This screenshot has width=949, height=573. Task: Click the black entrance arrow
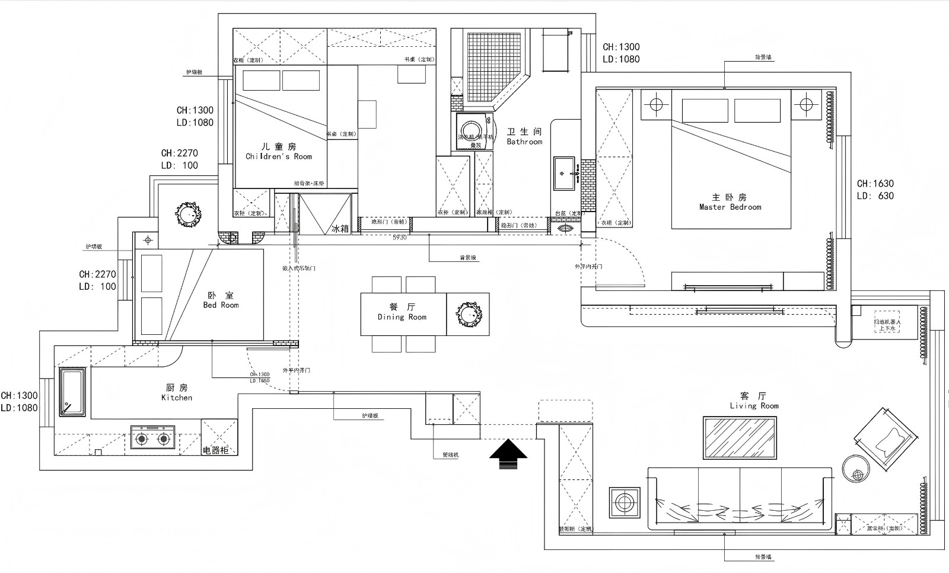[508, 454]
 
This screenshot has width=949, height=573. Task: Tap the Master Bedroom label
[730, 202]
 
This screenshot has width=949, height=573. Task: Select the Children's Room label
[279, 151]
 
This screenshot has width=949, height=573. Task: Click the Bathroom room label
[524, 137]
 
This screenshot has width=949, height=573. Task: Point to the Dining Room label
[402, 312]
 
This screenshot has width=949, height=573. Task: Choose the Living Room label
[754, 401]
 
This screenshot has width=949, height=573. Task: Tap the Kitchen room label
[177, 392]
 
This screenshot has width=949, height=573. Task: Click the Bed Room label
[221, 300]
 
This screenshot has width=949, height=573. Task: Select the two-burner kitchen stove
[152, 438]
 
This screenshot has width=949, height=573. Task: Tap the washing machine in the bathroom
[472, 132]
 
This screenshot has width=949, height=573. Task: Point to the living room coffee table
[740, 438]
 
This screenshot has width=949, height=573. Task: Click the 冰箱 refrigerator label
[340, 228]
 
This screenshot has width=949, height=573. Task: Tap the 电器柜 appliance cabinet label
[216, 450]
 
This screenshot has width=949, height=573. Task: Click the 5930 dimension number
[399, 238]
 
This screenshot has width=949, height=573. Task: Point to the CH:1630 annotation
[875, 184]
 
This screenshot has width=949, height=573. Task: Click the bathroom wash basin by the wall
[564, 173]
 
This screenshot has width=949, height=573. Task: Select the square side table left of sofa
[624, 503]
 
